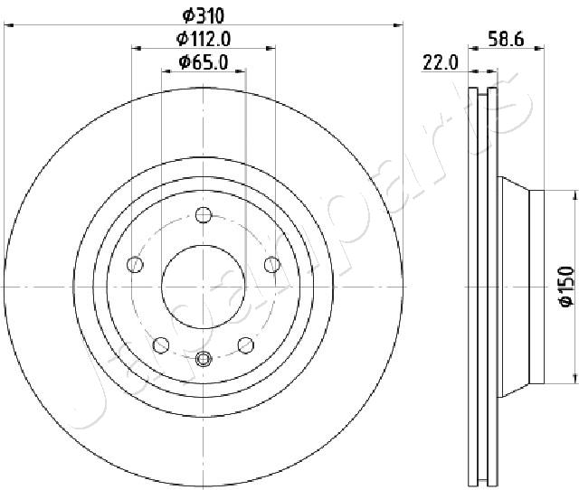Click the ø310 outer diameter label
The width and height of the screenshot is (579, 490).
(204, 15)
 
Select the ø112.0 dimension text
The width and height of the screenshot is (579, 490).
(204, 38)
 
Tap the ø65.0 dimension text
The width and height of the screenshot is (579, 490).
(204, 61)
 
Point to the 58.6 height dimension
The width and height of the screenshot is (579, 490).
(506, 39)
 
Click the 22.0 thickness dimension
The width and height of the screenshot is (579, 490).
(441, 62)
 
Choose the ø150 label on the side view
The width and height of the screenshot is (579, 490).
(567, 286)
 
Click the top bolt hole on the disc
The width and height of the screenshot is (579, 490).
(204, 215)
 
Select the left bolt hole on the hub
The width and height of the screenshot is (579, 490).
(135, 265)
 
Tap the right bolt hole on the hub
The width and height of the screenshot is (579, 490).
(272, 265)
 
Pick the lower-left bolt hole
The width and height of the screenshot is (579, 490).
(161, 345)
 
